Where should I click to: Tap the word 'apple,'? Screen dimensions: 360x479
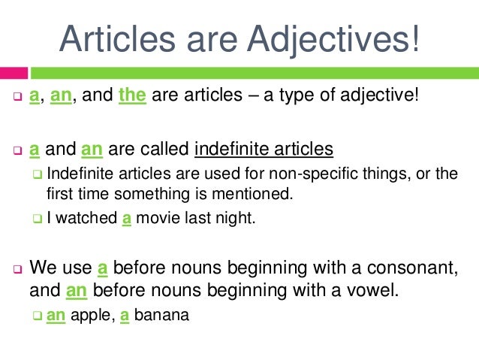click(x=91, y=316)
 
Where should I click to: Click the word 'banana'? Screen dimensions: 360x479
click(x=160, y=316)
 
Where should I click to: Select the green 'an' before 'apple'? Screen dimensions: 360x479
click(x=55, y=316)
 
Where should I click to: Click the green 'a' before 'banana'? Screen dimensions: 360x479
click(x=125, y=316)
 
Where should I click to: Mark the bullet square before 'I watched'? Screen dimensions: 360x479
click(x=38, y=219)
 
